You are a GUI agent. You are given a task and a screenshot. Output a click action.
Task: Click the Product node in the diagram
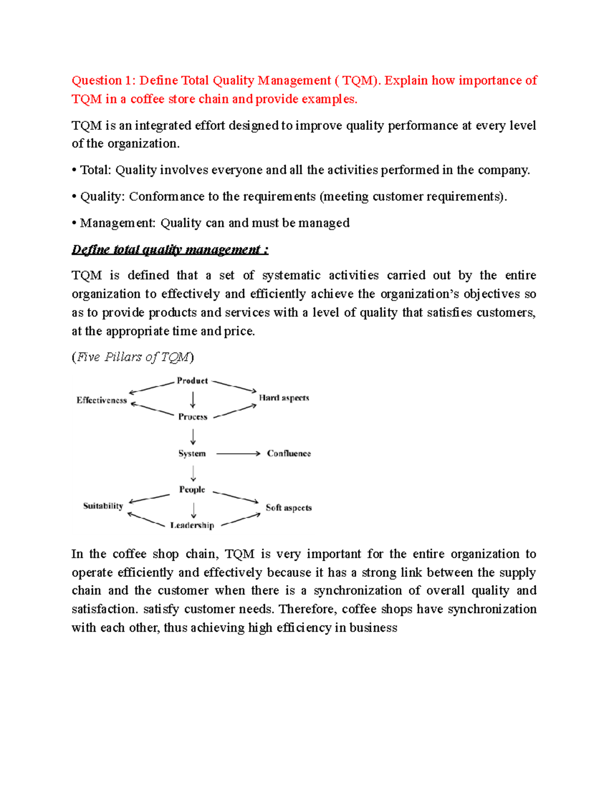192,381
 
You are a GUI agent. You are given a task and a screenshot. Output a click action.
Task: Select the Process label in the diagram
192,417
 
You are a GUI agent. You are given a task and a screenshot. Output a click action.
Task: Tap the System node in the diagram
192,453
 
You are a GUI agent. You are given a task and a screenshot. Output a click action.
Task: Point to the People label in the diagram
192,489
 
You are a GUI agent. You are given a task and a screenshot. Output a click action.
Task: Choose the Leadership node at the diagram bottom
192,525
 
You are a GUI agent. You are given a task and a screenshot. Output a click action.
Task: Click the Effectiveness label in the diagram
101,400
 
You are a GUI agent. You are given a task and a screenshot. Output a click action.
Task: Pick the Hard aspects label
284,398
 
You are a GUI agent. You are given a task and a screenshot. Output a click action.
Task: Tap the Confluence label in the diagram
289,453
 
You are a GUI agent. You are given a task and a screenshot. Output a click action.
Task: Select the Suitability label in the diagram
103,505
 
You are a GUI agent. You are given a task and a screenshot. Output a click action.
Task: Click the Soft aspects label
288,507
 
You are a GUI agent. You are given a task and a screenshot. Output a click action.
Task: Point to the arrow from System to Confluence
238,453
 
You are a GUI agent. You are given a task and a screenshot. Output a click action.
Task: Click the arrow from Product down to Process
193,399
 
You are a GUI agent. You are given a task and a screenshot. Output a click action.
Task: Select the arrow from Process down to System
193,436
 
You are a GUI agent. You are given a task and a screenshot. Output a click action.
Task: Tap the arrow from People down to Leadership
193,509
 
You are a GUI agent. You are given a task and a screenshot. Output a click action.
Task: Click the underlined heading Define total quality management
170,250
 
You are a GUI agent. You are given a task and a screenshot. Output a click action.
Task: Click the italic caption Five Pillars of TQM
133,357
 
